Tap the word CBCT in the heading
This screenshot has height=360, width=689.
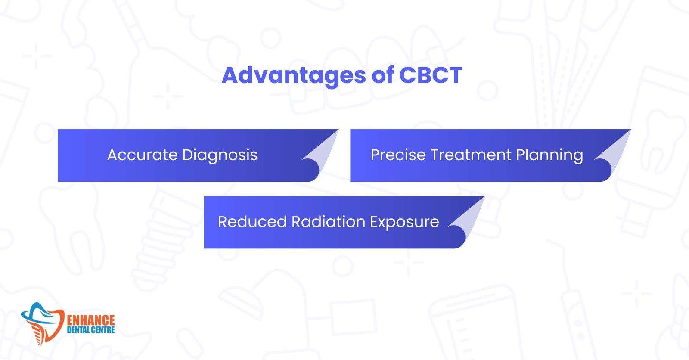[430, 75]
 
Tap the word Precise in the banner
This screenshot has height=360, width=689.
[397, 155]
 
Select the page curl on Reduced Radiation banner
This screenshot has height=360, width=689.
[467, 217]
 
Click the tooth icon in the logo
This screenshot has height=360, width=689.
[43, 319]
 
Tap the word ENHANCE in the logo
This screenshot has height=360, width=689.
[91, 320]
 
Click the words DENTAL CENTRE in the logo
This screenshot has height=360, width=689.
[91, 330]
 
